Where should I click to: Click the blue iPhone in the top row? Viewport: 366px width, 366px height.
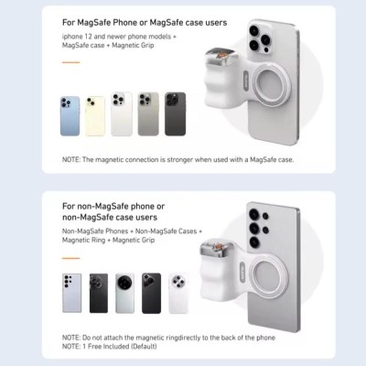pos(70,116)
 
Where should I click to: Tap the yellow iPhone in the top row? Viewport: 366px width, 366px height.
pos(95,116)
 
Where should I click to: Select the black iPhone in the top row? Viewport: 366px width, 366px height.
pos(176,114)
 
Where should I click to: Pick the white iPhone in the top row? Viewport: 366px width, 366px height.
pos(122,114)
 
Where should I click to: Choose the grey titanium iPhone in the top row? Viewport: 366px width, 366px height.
pos(148,114)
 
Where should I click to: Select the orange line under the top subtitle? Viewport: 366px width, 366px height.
pos(71,62)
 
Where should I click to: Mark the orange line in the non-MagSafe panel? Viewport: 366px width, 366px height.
pos(71,258)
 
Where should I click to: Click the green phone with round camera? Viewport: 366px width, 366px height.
pos(124,293)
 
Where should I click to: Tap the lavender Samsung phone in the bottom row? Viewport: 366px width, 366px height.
pos(72,293)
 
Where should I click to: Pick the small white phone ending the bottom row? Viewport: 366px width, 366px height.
pos(178,293)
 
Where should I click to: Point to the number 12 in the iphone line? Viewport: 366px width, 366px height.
pos(88,37)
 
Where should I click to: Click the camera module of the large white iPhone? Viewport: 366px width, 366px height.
pos(259,38)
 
